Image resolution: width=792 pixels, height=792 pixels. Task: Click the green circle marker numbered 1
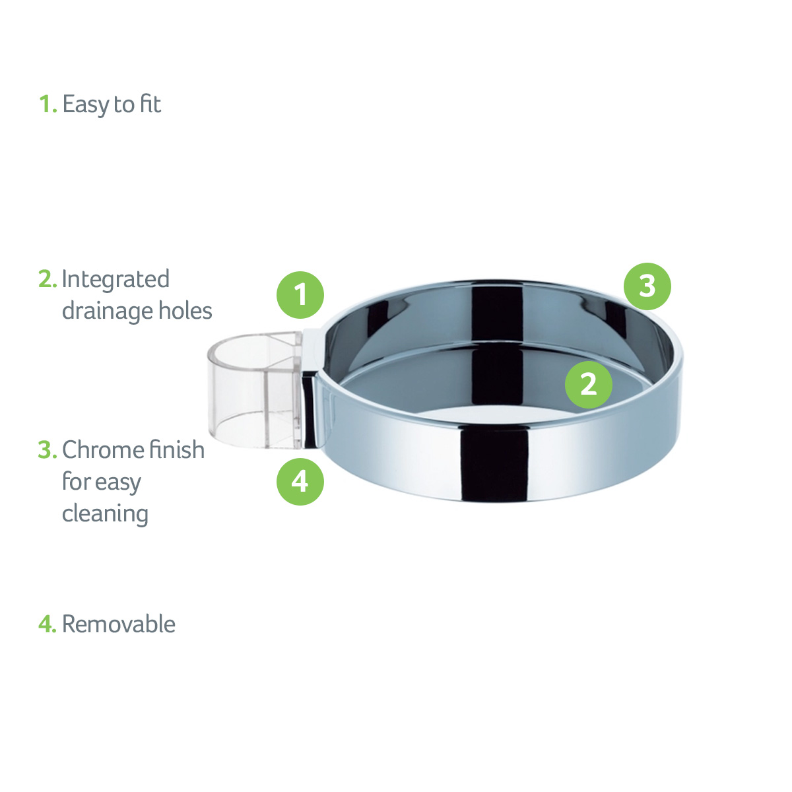click(300, 294)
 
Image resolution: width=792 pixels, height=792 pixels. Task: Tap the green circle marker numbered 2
click(588, 384)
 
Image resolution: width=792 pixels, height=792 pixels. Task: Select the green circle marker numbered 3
click(647, 286)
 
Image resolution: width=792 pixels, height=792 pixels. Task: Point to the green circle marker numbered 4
click(300, 481)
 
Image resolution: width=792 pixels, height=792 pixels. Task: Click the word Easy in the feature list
click(86, 105)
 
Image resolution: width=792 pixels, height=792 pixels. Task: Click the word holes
click(185, 310)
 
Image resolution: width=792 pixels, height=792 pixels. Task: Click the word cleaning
click(105, 514)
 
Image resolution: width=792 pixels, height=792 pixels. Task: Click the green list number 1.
click(48, 104)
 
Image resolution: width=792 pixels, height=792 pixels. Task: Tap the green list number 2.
click(48, 279)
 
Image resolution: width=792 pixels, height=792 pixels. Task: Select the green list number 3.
click(48, 449)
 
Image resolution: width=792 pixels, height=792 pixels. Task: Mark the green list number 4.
click(48, 624)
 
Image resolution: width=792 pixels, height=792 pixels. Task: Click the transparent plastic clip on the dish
click(255, 389)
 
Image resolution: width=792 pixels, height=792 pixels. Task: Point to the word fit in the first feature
click(150, 104)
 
